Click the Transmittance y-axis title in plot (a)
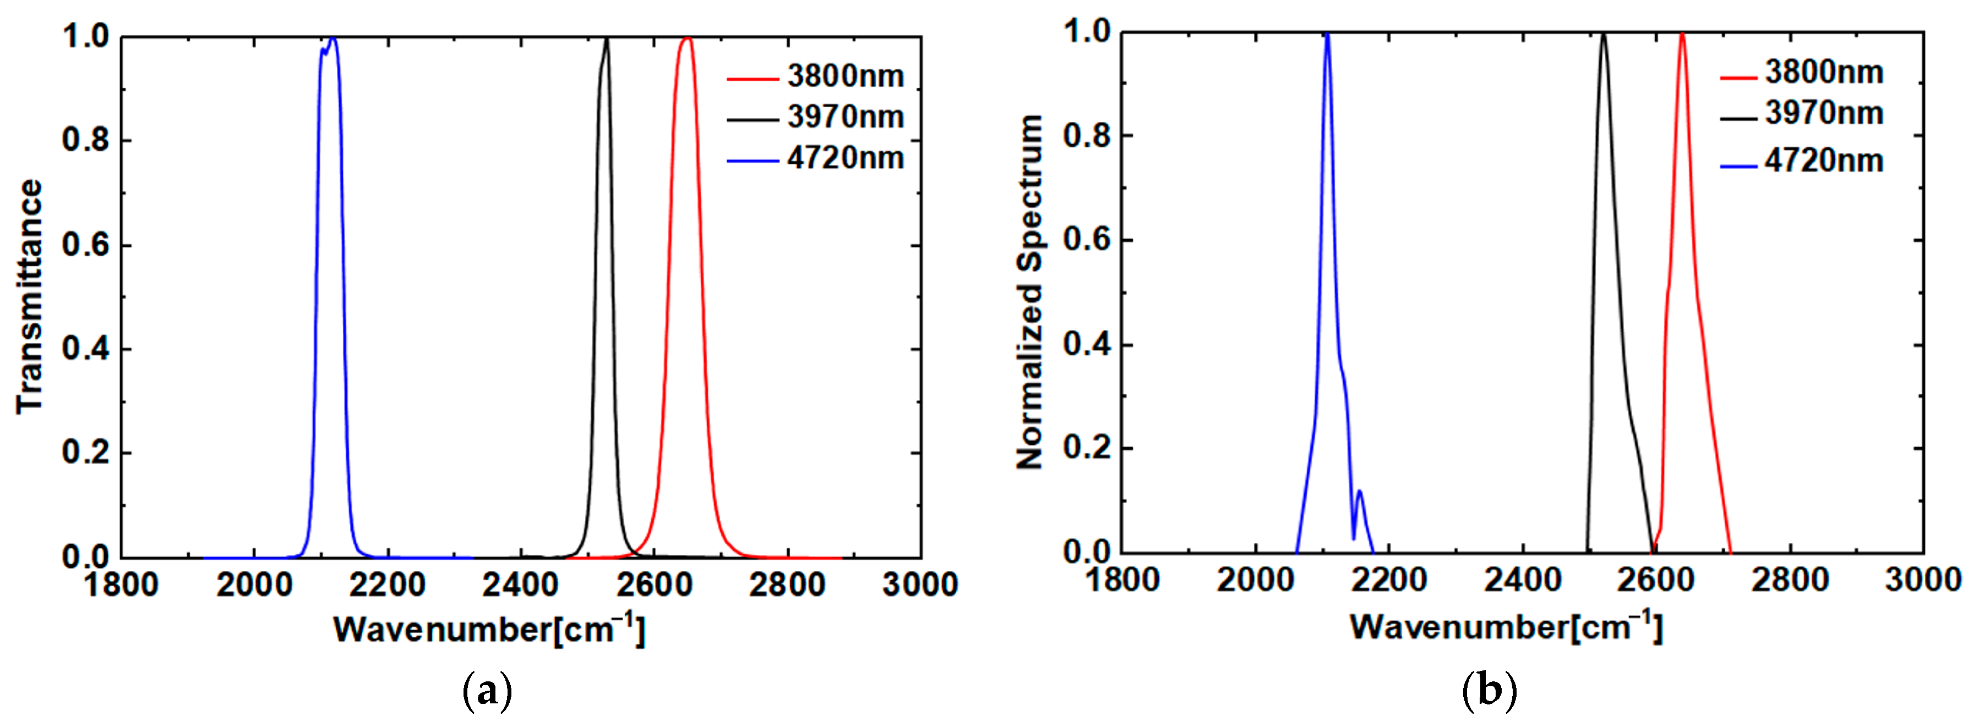(29, 296)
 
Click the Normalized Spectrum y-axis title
(1029, 291)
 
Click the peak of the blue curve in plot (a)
(332, 38)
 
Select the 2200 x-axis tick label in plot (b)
(1389, 580)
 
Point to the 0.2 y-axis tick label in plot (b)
(1086, 448)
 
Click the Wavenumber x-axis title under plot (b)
(1506, 628)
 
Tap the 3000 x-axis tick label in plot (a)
(920, 586)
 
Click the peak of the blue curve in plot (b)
(1327, 35)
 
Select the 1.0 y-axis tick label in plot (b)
(1086, 32)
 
